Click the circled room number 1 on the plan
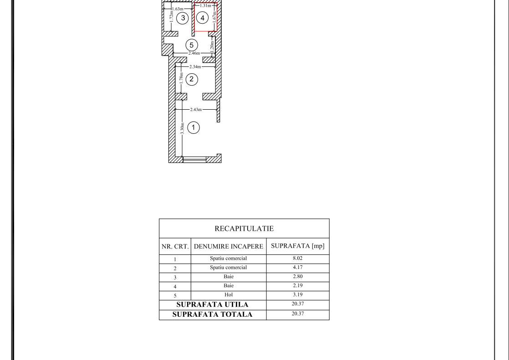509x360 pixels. [x=193, y=127]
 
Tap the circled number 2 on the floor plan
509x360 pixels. [x=192, y=79]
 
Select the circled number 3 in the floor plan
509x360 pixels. [x=183, y=18]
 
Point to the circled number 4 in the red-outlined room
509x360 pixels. [x=202, y=18]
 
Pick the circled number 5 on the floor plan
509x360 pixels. [x=192, y=45]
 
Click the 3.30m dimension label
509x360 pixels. [x=182, y=128]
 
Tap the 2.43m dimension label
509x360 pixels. [x=196, y=109]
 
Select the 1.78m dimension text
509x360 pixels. [x=181, y=78]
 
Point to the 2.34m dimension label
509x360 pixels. [x=195, y=67]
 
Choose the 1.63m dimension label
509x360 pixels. [x=178, y=9]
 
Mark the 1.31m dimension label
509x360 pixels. [x=206, y=5]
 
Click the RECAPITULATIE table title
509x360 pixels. [x=244, y=228]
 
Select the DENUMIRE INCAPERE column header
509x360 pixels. [x=229, y=246]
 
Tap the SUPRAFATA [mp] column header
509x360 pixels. [x=298, y=246]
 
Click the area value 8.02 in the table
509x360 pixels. [x=298, y=258]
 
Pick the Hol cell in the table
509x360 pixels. [x=229, y=294]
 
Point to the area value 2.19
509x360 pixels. [x=298, y=285]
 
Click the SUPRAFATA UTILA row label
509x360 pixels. [x=212, y=304]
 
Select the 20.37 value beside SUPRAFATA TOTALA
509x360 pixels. [x=298, y=314]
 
